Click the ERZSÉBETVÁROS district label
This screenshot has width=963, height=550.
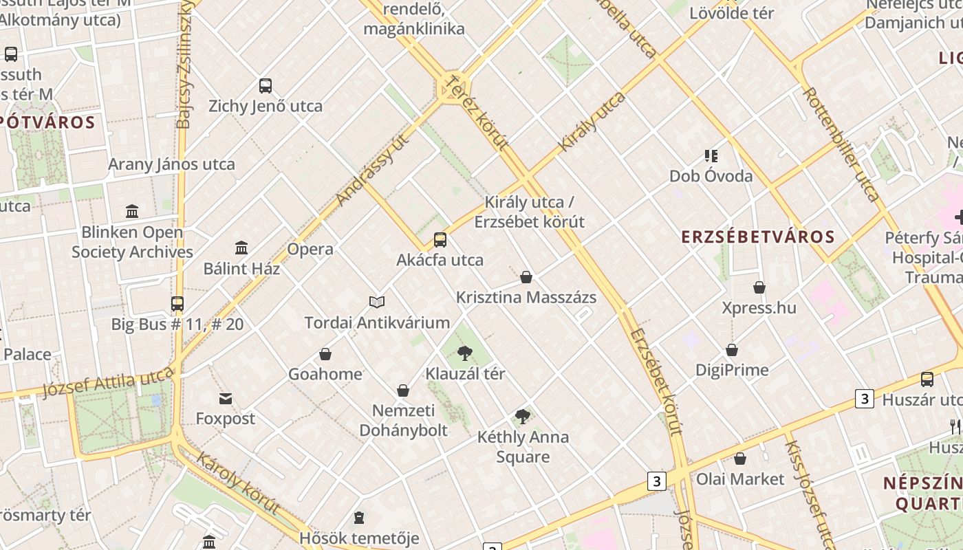[x=757, y=237]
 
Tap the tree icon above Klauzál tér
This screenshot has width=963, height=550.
[x=465, y=354]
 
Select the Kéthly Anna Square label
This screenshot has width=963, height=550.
[x=523, y=447]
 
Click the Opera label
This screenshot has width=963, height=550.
[x=310, y=249]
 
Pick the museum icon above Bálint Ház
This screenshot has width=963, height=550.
[x=241, y=247]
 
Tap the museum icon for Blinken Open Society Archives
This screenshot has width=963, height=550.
[x=132, y=211]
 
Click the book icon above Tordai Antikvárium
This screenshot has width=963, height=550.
[x=376, y=302]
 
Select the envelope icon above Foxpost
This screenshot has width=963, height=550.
[x=225, y=399]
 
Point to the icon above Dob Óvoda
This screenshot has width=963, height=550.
[x=711, y=156]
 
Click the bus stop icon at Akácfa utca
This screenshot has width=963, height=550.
[x=440, y=240]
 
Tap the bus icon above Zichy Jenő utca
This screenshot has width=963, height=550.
[x=266, y=86]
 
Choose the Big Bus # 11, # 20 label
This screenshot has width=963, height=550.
[x=177, y=324]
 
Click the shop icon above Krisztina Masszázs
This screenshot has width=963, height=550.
[x=526, y=277]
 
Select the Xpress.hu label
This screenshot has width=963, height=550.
[x=759, y=307]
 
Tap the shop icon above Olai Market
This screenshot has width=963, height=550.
[x=740, y=459]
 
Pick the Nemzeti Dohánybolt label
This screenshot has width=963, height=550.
[x=403, y=420]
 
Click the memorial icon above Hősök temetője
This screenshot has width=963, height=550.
[x=358, y=517]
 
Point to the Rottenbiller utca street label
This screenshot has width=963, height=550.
[x=841, y=144]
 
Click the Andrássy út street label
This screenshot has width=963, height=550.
[x=373, y=170]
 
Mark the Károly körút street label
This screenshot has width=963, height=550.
[x=237, y=483]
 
